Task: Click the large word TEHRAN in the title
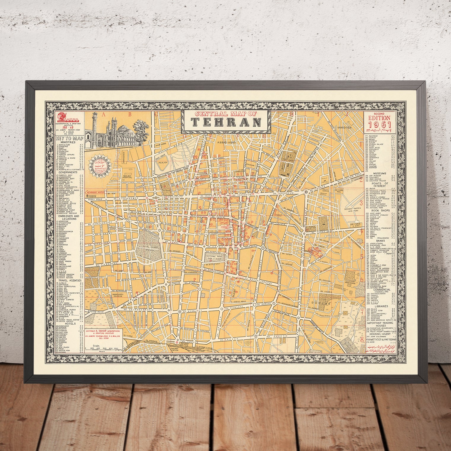click(226, 122)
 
